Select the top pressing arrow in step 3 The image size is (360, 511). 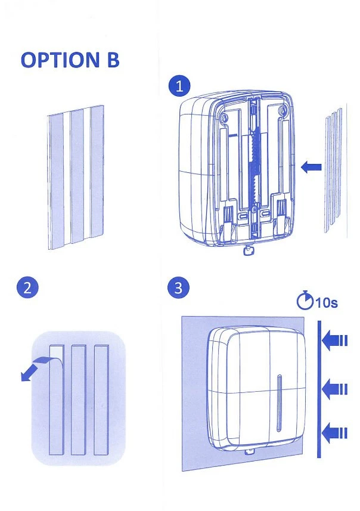pos(334,340)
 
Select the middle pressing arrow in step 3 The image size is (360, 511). pos(334,389)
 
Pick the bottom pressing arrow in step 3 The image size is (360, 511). pos(334,431)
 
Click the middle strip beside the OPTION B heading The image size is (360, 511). pos(77,176)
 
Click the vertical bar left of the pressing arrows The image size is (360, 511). pos(319,388)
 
